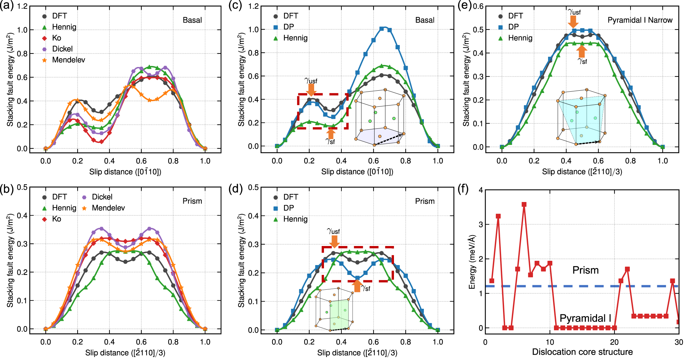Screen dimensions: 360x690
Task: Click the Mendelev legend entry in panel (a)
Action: (x=68, y=60)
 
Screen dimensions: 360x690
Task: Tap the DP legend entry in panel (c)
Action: (x=288, y=27)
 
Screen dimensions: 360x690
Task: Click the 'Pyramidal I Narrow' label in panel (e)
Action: (x=640, y=20)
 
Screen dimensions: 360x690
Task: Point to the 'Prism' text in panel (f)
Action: (x=585, y=270)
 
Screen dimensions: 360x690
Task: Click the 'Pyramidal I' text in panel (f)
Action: (x=585, y=318)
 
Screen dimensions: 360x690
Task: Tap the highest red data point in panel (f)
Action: (x=524, y=204)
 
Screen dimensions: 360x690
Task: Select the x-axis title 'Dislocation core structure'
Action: (x=582, y=352)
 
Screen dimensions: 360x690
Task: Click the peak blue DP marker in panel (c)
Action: (x=381, y=29)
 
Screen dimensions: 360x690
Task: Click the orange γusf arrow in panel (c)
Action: (x=310, y=90)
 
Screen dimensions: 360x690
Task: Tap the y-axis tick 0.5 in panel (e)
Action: (x=478, y=30)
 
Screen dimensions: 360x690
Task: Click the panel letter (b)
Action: (x=7, y=189)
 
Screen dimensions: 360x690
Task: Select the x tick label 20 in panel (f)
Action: (x=614, y=342)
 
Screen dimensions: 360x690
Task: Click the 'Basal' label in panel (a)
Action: (x=192, y=20)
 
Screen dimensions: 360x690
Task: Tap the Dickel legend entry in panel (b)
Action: (x=102, y=197)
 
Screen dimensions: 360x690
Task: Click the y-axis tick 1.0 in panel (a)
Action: (x=22, y=30)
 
